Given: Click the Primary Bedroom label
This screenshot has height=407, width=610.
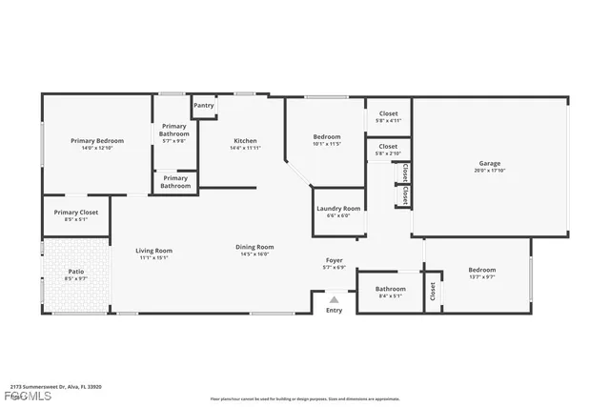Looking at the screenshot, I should (x=97, y=141).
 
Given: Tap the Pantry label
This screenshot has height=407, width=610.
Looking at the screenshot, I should (x=203, y=105).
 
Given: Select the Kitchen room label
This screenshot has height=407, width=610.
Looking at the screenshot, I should (x=244, y=141).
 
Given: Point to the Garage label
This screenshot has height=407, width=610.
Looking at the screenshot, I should (x=489, y=163).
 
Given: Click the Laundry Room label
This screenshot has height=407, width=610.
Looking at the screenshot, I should (x=338, y=208).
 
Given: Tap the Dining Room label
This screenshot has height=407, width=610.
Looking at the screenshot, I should (x=254, y=247).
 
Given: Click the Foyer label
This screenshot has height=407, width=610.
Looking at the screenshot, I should (x=334, y=260).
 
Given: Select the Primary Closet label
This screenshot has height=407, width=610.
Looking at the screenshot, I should (x=75, y=212).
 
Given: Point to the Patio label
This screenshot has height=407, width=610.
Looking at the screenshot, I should (x=75, y=273).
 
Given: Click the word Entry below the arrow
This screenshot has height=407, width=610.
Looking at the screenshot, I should (x=334, y=310).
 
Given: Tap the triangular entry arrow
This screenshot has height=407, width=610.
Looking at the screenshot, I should (x=334, y=298).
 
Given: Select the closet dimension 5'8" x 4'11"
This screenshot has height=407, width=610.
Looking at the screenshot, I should (x=388, y=120).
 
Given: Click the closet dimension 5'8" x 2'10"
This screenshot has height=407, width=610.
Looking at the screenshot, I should (x=388, y=153).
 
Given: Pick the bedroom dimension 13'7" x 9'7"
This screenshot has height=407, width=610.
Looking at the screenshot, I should (x=481, y=277).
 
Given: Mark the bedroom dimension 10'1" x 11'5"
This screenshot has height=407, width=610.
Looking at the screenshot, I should (x=326, y=145).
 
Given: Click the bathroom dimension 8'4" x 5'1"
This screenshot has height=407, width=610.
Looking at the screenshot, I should (x=390, y=295).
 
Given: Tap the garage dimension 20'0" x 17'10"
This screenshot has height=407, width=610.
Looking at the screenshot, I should (x=489, y=171).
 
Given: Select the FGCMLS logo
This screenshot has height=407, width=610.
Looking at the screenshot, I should (x=26, y=396).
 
